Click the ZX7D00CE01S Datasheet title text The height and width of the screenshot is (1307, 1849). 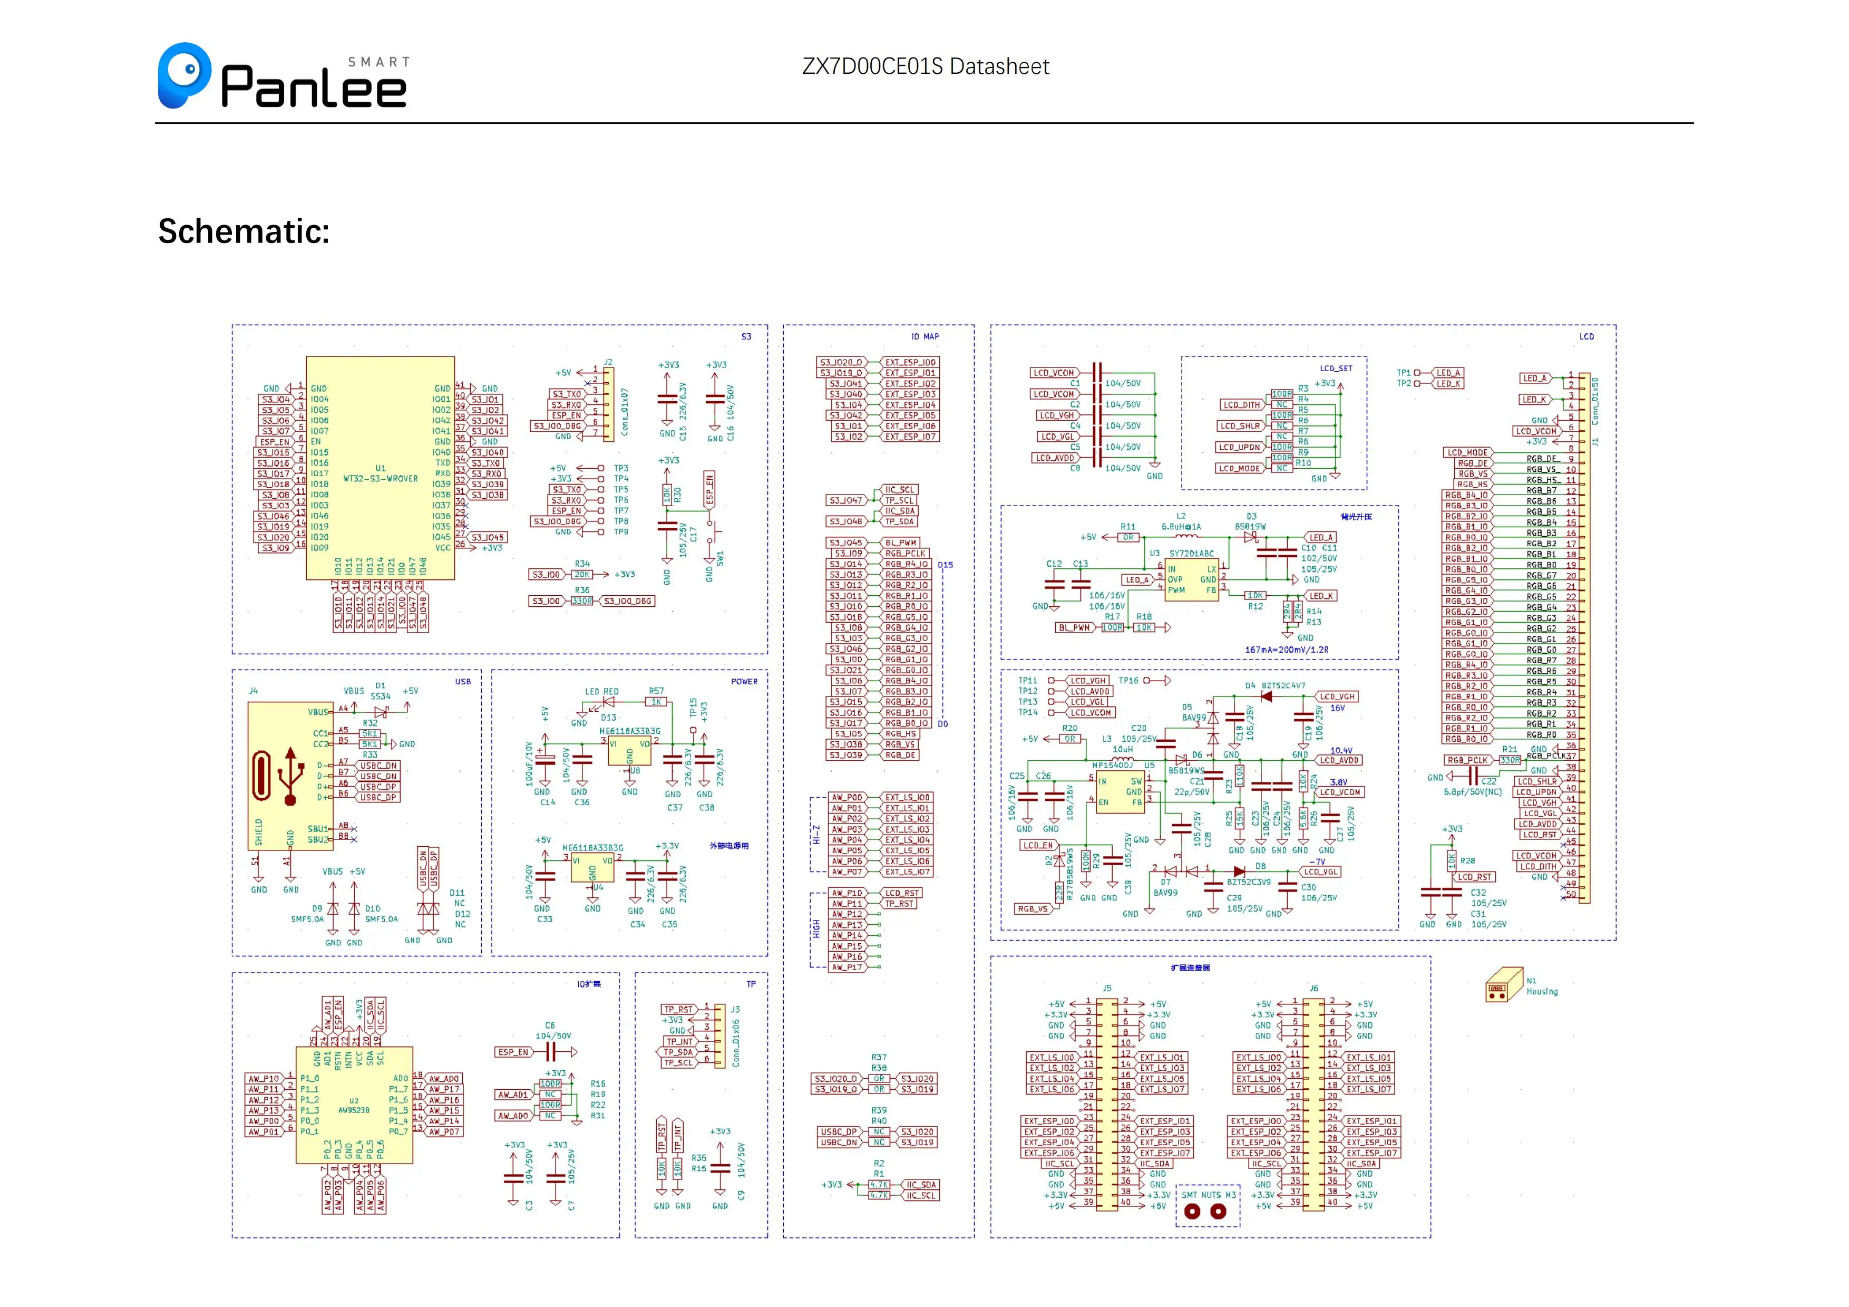point(926,67)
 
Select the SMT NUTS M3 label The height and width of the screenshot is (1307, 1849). point(1208,1195)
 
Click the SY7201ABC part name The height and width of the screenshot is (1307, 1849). point(1191,553)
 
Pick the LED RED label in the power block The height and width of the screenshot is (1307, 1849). point(601,692)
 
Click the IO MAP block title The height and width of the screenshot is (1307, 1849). point(925,336)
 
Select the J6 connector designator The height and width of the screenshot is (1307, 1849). point(1313,988)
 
